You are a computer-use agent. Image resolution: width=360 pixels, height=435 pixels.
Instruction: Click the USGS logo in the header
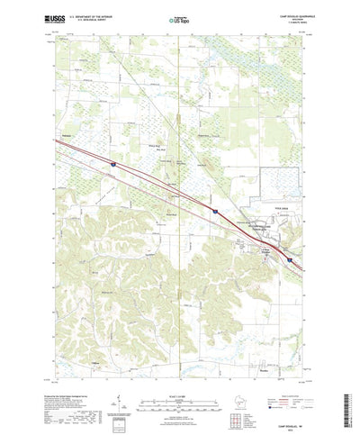point(49,16)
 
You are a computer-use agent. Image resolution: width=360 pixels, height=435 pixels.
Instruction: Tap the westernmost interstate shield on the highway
point(113,165)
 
